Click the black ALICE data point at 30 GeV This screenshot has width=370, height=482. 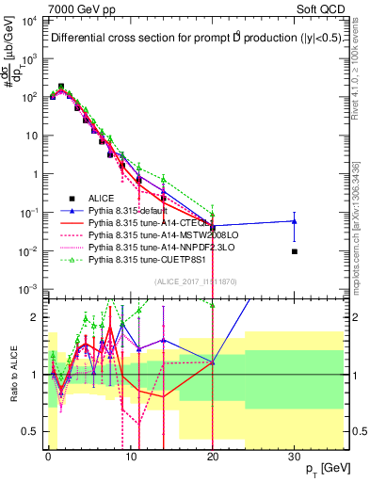295,251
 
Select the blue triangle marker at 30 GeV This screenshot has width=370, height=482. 295,221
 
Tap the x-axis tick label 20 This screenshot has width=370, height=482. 212,457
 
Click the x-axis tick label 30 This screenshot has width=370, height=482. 295,457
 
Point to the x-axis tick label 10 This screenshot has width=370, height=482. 130,457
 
